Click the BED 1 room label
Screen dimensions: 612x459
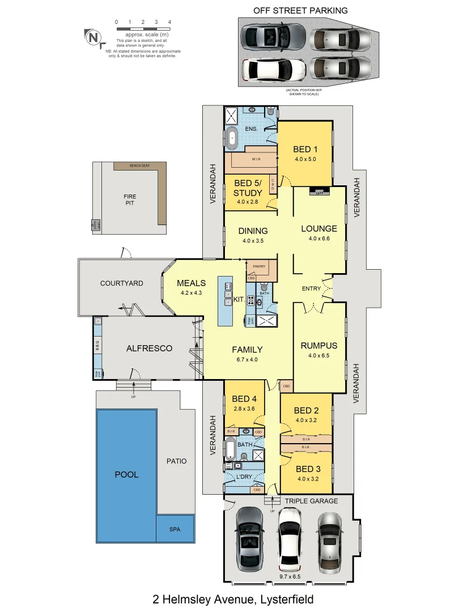coord(304,150)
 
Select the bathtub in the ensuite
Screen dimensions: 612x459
coord(232,138)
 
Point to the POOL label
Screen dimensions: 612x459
coord(126,474)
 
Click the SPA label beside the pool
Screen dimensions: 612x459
coord(175,529)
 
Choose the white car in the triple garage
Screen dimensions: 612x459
coord(290,538)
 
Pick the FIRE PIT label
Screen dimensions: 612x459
coord(130,199)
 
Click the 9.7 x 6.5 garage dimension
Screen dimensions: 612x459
coord(289,577)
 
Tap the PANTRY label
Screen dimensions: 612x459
coord(260,266)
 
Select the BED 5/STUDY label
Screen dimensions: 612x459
coord(248,189)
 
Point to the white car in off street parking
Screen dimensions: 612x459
coord(273,70)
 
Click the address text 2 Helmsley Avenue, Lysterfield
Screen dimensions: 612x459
coord(233,599)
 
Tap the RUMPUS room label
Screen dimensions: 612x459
coord(319,346)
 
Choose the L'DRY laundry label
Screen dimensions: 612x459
coord(244,477)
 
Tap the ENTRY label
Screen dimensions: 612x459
coord(311,288)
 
